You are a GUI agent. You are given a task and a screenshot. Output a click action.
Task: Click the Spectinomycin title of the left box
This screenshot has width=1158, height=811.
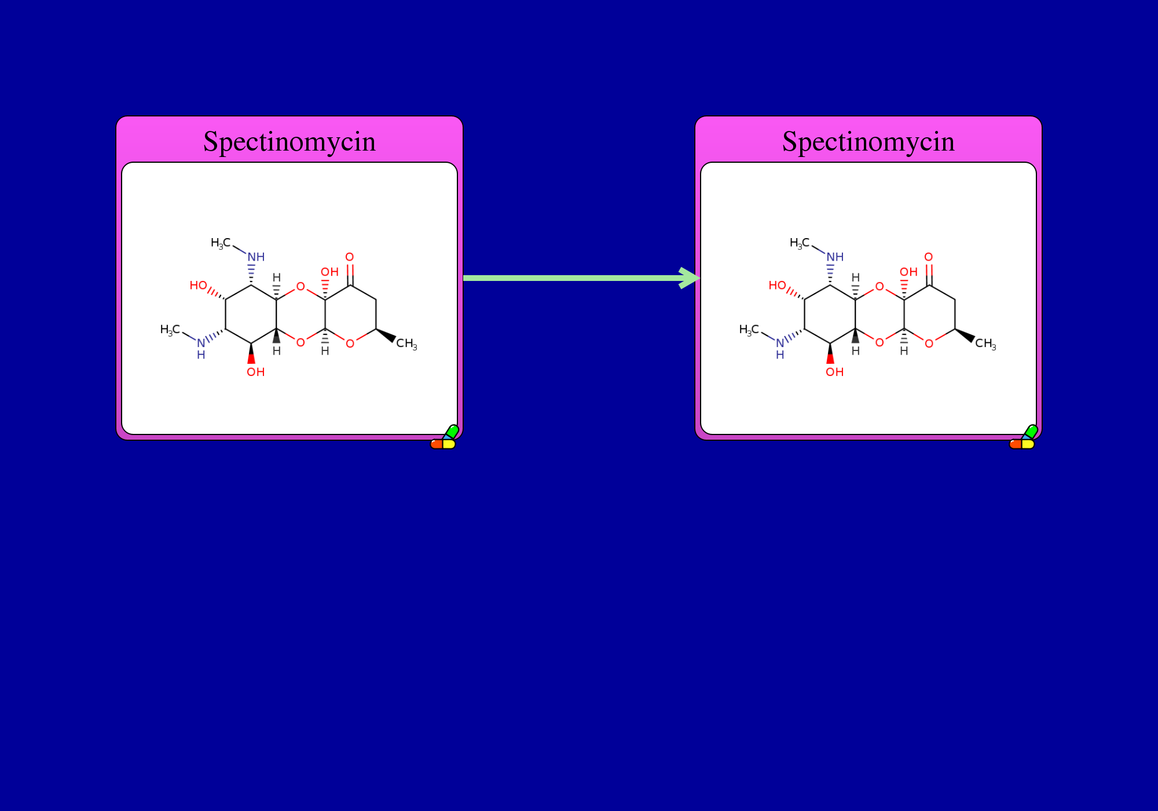tap(289, 142)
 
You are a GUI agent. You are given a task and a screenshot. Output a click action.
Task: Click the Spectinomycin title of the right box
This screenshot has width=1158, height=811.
tap(868, 142)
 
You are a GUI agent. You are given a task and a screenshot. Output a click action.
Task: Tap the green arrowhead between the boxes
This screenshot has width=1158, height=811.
tap(689, 278)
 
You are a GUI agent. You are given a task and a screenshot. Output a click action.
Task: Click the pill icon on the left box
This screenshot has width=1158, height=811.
tap(445, 437)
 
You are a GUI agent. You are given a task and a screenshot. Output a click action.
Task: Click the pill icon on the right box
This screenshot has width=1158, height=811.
tap(1024, 437)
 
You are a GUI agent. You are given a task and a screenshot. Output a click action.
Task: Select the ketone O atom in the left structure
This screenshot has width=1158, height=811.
tap(350, 257)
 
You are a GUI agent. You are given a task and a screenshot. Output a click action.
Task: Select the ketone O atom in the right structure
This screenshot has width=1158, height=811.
tap(929, 257)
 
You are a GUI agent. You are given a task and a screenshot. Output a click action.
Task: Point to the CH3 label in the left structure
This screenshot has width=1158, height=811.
tap(406, 344)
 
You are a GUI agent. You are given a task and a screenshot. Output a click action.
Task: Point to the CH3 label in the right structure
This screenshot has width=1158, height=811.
tap(985, 344)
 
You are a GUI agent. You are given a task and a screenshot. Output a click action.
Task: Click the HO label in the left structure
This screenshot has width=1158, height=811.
tap(198, 285)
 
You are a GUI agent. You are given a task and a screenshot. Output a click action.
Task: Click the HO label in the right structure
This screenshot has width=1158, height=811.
tap(777, 285)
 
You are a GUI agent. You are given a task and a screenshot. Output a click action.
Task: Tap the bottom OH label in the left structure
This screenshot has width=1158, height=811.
tap(255, 372)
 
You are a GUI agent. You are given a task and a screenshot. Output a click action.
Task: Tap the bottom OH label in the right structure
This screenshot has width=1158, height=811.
tap(834, 372)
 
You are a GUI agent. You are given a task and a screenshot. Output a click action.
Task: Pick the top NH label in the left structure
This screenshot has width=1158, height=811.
tap(256, 257)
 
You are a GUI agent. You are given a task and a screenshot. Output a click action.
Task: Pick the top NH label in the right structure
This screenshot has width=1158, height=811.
tap(835, 257)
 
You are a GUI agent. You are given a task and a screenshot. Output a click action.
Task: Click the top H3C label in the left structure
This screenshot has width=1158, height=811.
tap(221, 243)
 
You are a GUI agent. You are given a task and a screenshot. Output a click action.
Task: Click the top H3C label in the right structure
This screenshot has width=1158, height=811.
tap(800, 243)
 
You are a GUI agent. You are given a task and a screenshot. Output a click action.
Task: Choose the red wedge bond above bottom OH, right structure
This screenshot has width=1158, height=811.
tap(830, 353)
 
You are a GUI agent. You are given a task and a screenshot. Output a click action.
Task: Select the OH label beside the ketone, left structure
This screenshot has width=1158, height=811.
tap(329, 272)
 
